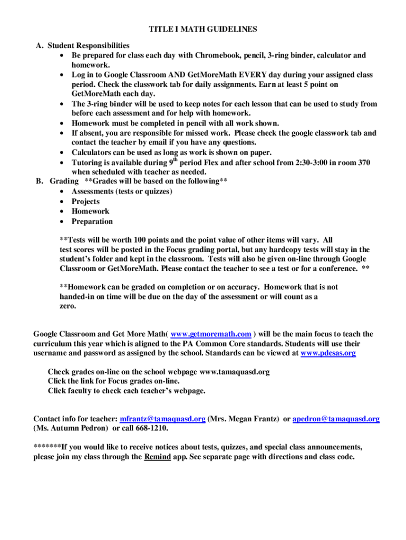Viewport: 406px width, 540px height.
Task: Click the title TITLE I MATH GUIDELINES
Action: [x=202, y=29]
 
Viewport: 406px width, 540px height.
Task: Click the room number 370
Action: [x=363, y=162]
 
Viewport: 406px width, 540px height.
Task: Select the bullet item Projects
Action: [x=85, y=201]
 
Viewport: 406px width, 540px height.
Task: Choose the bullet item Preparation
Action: [x=92, y=221]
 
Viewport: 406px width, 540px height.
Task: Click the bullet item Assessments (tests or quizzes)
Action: [x=122, y=191]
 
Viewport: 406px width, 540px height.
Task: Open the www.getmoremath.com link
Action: [x=211, y=334]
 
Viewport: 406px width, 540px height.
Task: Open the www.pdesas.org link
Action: [x=327, y=353]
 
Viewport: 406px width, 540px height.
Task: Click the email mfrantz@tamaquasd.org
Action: [x=162, y=419]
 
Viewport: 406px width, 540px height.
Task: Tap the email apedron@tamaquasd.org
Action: [x=335, y=419]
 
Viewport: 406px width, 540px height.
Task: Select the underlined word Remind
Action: [x=157, y=457]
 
